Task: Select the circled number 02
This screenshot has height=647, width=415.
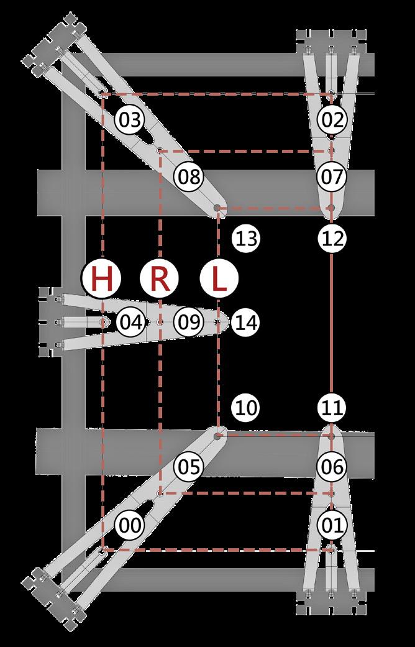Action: point(333,118)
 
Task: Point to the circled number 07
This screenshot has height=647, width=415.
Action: point(333,177)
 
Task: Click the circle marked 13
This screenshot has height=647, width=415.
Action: point(247,238)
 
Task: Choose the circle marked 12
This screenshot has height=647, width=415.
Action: point(333,238)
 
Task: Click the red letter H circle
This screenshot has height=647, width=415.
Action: point(102,279)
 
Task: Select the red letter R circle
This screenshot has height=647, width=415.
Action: point(160,279)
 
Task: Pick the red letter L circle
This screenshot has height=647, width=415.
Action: point(218,279)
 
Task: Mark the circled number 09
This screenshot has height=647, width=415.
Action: point(189,322)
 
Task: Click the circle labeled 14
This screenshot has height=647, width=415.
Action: point(247,322)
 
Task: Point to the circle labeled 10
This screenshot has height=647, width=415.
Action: point(247,408)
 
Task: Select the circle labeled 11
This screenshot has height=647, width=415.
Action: point(333,408)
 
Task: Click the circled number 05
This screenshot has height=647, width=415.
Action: point(189,466)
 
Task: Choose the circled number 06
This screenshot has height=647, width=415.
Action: point(333,466)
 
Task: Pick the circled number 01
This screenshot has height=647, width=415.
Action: point(333,525)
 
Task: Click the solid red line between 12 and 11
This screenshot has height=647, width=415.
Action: point(332,323)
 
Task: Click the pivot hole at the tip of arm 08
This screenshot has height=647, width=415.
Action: point(218,208)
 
